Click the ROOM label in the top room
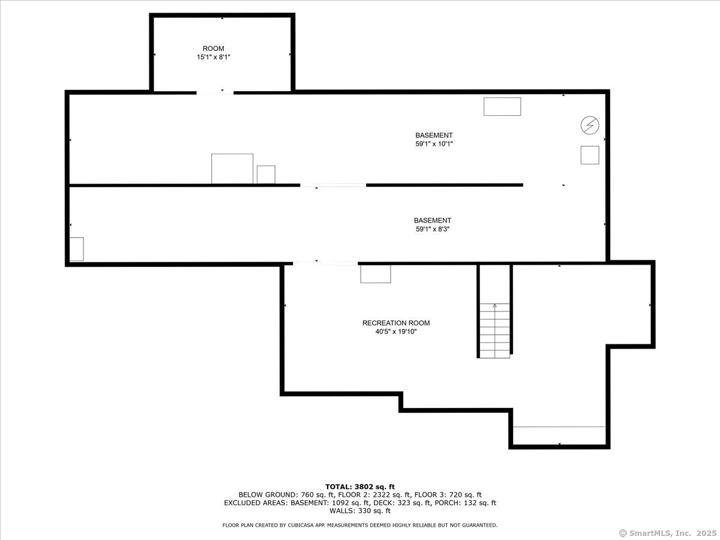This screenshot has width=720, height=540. click(213, 49)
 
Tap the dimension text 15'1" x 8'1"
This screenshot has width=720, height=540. click(213, 57)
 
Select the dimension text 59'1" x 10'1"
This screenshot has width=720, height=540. click(434, 143)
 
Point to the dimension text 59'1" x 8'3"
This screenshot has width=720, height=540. click(433, 229)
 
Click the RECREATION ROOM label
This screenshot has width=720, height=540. click(396, 323)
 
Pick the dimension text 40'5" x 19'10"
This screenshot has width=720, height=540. click(396, 331)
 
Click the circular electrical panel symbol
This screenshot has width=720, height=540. click(590, 125)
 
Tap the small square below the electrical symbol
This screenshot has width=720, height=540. click(590, 155)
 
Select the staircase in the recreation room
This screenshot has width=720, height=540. click(494, 331)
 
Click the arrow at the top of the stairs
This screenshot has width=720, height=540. click(494, 306)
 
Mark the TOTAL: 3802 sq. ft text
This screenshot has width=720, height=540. click(360, 487)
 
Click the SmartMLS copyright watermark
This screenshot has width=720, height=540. click(668, 533)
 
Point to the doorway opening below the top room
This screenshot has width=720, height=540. click(215, 93)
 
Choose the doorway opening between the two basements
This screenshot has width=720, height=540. click(333, 185)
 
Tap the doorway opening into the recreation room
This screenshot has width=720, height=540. click(325, 263)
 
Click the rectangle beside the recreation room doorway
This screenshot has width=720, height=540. click(376, 274)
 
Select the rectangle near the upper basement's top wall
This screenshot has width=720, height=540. click(502, 107)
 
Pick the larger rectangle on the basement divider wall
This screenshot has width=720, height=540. click(232, 169)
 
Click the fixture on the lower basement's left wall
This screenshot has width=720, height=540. click(76, 249)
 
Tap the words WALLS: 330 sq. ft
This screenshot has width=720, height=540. click(360, 511)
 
